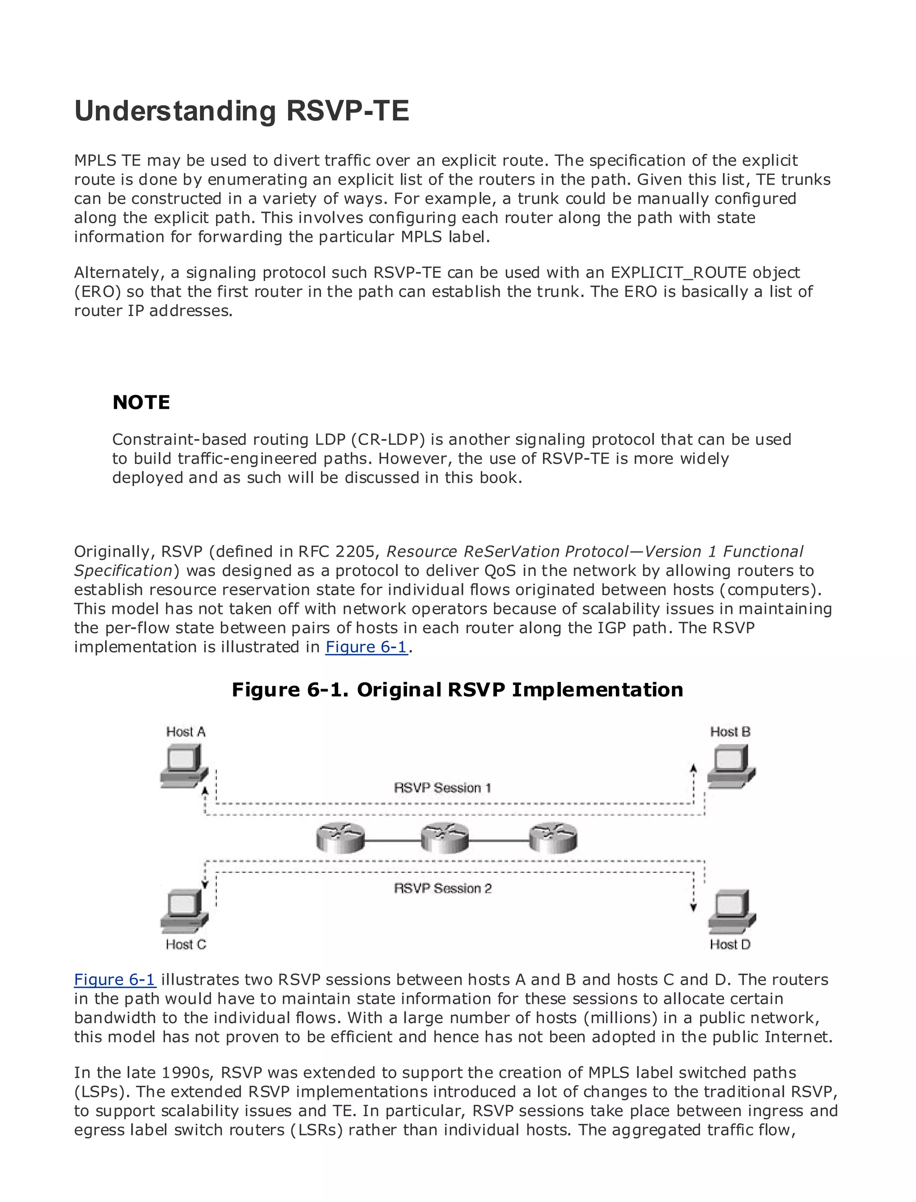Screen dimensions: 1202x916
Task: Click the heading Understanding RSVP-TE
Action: point(241,111)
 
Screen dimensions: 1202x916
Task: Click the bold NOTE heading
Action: point(141,402)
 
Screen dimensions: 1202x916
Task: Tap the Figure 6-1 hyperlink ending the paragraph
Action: point(366,647)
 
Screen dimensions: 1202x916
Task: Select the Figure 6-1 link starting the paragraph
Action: point(114,980)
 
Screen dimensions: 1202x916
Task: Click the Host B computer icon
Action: point(731,766)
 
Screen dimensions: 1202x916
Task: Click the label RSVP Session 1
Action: point(442,788)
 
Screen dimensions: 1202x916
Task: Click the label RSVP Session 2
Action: point(442,889)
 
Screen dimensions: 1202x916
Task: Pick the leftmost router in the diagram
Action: point(340,838)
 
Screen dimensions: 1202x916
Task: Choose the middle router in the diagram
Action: point(445,838)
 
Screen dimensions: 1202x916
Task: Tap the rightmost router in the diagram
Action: point(553,838)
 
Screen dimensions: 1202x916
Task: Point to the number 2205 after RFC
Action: point(355,552)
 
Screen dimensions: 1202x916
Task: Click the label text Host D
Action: point(730,944)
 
